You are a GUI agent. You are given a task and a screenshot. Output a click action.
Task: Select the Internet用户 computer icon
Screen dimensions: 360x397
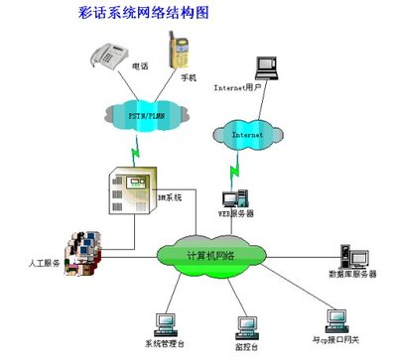266,68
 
